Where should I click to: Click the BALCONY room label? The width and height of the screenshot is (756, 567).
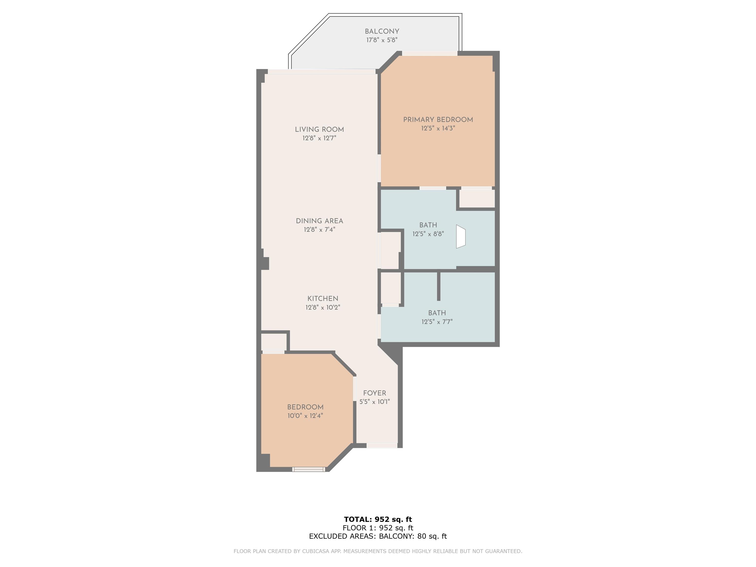pos(382,31)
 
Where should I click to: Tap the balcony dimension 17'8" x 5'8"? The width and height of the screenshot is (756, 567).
pos(382,40)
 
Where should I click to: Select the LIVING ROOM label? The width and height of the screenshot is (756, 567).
pos(319,129)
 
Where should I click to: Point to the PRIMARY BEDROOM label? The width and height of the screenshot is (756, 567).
pos(438,120)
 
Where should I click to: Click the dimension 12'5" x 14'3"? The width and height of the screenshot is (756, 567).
pos(438,128)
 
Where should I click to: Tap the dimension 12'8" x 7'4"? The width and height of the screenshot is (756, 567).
pos(319,230)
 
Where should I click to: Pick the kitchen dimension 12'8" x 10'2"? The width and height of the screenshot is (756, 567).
pos(323,308)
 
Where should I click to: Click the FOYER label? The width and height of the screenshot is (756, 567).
pos(375,393)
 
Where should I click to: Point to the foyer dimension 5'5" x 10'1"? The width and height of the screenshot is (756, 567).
pos(375,402)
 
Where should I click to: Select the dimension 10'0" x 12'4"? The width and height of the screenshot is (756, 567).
pos(305,416)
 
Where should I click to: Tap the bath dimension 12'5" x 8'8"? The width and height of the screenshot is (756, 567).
pos(428,234)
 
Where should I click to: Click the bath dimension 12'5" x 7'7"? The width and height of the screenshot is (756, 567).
pos(437,322)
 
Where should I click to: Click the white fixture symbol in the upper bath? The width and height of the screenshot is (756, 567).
pos(461,236)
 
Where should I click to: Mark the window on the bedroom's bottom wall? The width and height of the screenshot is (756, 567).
pos(309,469)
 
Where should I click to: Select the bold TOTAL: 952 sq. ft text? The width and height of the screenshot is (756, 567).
pos(378,520)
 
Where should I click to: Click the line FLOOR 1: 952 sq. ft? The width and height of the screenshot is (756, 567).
pos(378,528)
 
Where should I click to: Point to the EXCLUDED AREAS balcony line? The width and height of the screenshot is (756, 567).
pos(378,536)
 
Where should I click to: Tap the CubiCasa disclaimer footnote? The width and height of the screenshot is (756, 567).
pos(378,551)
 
